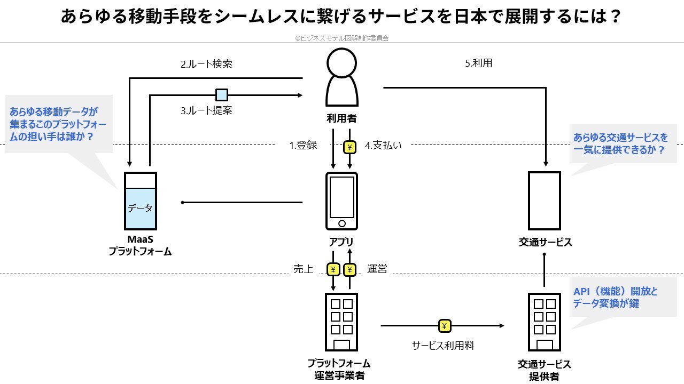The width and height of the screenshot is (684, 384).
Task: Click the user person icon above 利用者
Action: (341, 77)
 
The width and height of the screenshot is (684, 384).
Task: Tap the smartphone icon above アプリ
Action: (341, 201)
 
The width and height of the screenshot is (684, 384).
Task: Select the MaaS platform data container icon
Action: (140, 201)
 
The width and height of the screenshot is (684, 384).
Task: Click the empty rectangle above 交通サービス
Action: (545, 201)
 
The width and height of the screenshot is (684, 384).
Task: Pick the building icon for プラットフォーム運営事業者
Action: (341, 322)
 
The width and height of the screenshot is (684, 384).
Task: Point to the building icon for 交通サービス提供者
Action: (544, 322)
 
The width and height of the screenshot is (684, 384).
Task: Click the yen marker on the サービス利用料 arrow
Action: (445, 325)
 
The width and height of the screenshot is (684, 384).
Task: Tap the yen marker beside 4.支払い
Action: (349, 147)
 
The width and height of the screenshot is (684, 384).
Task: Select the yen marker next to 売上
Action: (333, 269)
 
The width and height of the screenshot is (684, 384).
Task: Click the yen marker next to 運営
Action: (350, 269)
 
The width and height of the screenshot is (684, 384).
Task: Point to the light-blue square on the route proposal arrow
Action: (221, 95)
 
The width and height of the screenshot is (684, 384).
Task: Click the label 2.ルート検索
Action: (206, 65)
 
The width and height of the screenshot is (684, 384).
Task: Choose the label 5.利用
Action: (478, 63)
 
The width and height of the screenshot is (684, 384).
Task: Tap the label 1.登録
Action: (303, 145)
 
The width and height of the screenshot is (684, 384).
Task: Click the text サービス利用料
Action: (443, 345)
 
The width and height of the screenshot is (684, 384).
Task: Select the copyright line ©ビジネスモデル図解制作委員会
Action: (341, 38)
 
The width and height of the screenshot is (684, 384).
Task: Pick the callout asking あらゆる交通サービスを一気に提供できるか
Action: (620, 144)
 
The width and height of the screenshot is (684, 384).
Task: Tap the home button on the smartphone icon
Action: (342, 223)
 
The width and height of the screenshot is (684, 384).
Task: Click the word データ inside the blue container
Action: (140, 209)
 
